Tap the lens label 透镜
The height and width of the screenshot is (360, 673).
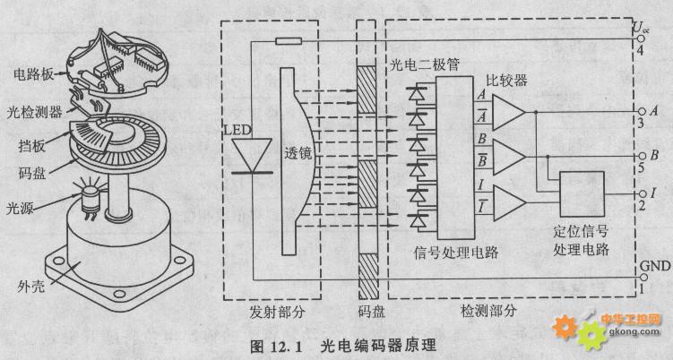point(298,153)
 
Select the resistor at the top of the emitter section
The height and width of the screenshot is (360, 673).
point(289,41)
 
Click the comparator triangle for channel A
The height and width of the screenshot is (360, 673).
point(509,113)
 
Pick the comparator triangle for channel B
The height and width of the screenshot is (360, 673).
point(509,157)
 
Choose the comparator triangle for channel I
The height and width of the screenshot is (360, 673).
point(509,203)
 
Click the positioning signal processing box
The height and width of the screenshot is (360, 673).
point(582,194)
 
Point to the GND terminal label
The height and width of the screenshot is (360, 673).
point(655,266)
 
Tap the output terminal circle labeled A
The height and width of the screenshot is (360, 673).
point(643,112)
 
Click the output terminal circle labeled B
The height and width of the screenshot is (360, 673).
point(643,156)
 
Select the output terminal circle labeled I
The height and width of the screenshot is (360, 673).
point(643,194)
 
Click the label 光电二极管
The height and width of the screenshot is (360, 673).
point(425,65)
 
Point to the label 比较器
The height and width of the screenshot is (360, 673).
point(506,81)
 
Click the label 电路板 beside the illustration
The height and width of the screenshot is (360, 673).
point(33,74)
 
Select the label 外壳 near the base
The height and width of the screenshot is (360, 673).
point(30,287)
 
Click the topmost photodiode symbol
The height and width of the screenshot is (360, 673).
point(417,93)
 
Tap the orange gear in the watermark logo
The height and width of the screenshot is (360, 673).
point(565,327)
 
